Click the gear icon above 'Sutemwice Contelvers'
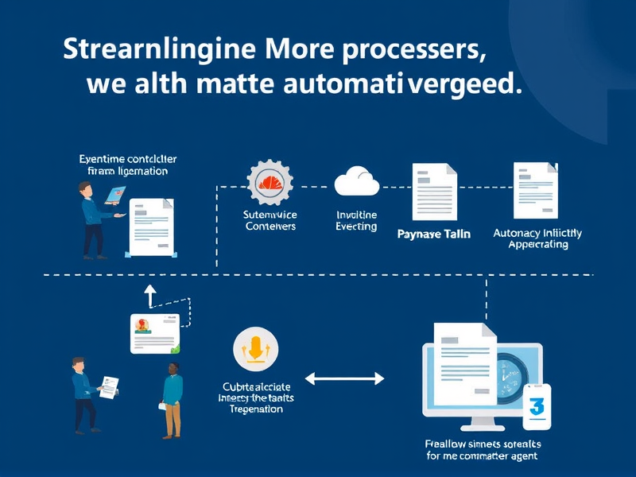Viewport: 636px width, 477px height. coord(270,182)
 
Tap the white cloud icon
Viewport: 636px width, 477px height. coord(355,181)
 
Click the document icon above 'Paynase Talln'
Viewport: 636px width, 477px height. coord(434,192)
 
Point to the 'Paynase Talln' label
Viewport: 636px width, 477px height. coord(433,235)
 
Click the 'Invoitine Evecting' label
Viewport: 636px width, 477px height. coord(356,221)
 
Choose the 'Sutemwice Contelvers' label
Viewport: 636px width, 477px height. coord(270,220)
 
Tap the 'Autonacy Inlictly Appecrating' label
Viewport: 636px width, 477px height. coord(537,238)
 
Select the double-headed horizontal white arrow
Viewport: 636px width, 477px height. coord(344,379)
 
